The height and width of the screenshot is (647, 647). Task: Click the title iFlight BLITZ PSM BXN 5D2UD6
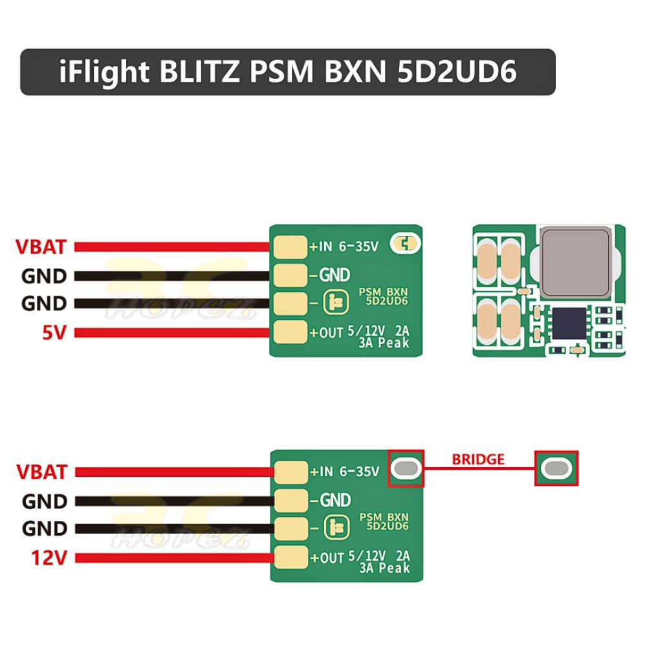(x=288, y=72)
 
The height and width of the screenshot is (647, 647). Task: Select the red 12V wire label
(x=49, y=558)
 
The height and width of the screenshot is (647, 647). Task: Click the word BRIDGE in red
(x=478, y=459)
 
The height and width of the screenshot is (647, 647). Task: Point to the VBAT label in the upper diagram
(x=41, y=247)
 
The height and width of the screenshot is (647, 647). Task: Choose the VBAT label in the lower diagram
(x=41, y=472)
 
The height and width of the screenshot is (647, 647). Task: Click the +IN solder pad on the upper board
(x=290, y=246)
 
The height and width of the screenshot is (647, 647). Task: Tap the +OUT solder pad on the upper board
(x=290, y=333)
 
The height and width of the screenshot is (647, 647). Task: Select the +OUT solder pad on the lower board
(x=290, y=557)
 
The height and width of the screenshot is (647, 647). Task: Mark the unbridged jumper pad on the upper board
(x=406, y=244)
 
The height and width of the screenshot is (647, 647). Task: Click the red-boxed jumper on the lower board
(x=406, y=468)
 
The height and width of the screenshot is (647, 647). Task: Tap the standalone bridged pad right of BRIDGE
(x=556, y=468)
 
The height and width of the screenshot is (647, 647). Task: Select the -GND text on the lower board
(x=331, y=500)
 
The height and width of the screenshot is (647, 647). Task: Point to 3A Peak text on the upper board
(x=384, y=344)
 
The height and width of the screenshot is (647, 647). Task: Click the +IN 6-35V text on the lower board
(x=344, y=472)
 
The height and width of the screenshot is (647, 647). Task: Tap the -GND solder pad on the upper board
(x=290, y=275)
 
